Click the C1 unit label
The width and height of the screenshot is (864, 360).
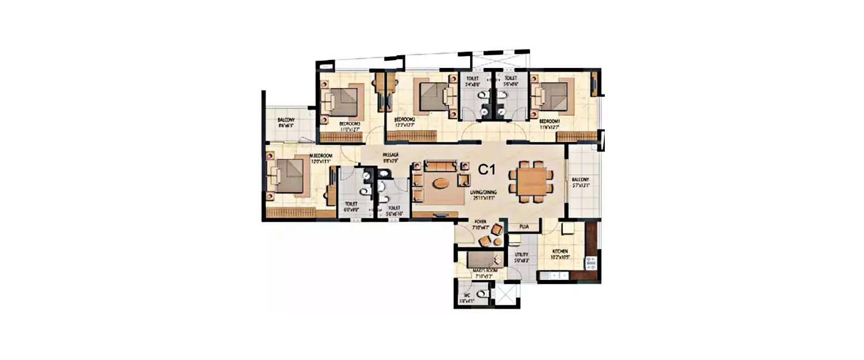click(x=487, y=169)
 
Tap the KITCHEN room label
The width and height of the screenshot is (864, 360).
click(x=560, y=252)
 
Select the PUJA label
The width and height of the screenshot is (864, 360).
click(x=524, y=227)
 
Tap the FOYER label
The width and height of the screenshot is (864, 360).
click(x=480, y=221)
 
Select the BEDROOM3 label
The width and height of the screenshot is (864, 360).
click(x=350, y=123)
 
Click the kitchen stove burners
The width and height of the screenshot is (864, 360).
click(x=590, y=264)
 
